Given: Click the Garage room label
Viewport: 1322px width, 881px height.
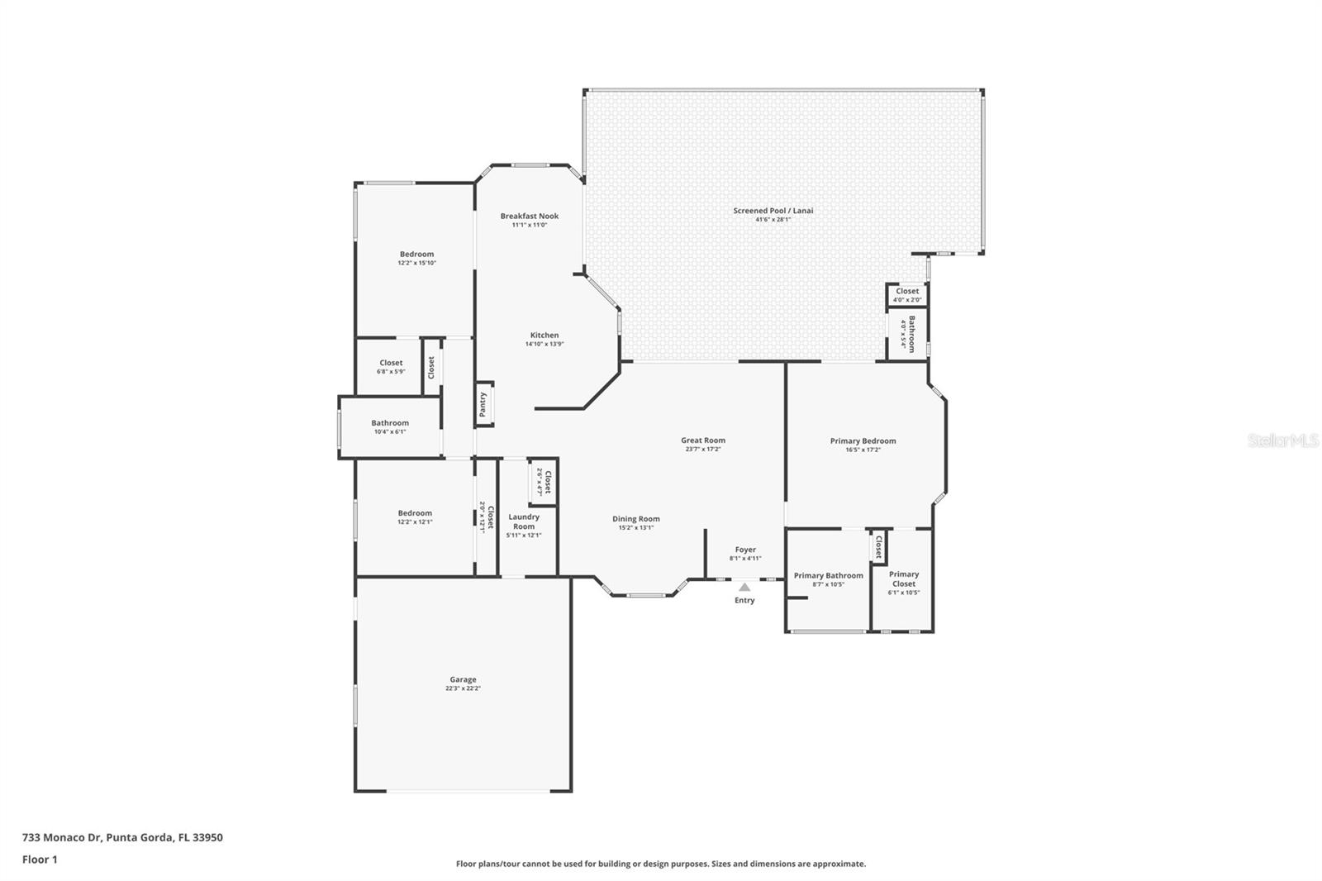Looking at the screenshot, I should (x=463, y=679).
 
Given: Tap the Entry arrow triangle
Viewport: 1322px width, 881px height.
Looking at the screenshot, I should (x=744, y=588).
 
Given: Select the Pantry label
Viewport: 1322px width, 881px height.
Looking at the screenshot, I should (x=483, y=404).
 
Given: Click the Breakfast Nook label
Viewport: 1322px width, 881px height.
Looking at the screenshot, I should (x=529, y=217).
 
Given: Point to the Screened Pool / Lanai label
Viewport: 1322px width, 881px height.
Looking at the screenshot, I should (x=773, y=211).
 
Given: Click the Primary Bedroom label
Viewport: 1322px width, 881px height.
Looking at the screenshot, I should (x=863, y=441).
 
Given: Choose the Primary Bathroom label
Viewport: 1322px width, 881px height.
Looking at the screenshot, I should (x=828, y=576).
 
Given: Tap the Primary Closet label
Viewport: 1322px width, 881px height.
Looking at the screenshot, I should (x=903, y=579).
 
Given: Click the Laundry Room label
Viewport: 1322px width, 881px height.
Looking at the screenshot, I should (x=524, y=521).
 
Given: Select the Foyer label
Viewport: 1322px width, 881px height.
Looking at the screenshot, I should (x=745, y=550).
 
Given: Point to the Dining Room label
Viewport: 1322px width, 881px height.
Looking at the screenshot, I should (x=635, y=519).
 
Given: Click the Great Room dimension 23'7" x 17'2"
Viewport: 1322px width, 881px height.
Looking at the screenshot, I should (x=703, y=450).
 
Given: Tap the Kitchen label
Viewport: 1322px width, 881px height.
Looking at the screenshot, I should (x=544, y=336).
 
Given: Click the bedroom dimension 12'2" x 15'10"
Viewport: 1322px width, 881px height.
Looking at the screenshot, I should (x=416, y=263).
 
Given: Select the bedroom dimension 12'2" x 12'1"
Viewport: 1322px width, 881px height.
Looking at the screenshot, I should (x=415, y=521).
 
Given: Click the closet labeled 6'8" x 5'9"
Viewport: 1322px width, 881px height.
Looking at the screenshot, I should (x=391, y=367).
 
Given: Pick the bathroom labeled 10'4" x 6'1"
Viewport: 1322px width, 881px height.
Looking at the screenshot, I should (x=389, y=426).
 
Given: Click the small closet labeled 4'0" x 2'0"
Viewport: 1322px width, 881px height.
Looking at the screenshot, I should (x=906, y=295).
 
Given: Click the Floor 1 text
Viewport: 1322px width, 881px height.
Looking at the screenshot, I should (x=40, y=860).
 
